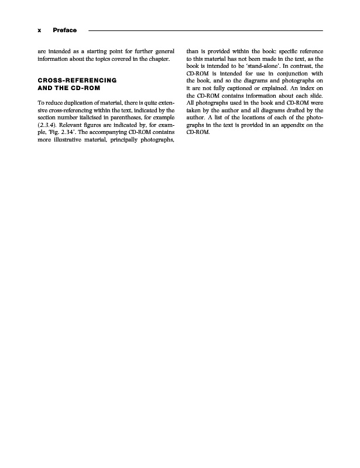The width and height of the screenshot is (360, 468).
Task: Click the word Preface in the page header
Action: click(65, 30)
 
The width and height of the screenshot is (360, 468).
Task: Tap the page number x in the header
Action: click(39, 30)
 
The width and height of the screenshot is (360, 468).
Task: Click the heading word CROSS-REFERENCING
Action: click(77, 80)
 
